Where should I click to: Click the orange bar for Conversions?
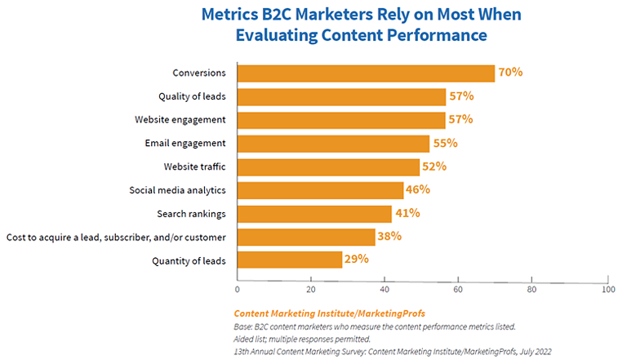pos(366,73)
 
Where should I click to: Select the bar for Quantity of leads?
pos(290,260)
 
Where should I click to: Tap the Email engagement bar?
pos(333,144)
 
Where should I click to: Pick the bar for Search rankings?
pos(314,214)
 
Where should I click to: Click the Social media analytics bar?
pos(320,190)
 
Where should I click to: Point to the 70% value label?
pos(510,73)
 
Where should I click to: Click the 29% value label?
pos(357,260)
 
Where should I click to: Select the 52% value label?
pos(433,167)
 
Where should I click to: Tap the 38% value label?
pos(391,237)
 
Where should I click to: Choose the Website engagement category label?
pos(180,120)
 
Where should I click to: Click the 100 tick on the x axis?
pos(607,289)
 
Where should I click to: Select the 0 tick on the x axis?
pos(238,289)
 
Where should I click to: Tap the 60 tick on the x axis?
pos(459,289)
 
